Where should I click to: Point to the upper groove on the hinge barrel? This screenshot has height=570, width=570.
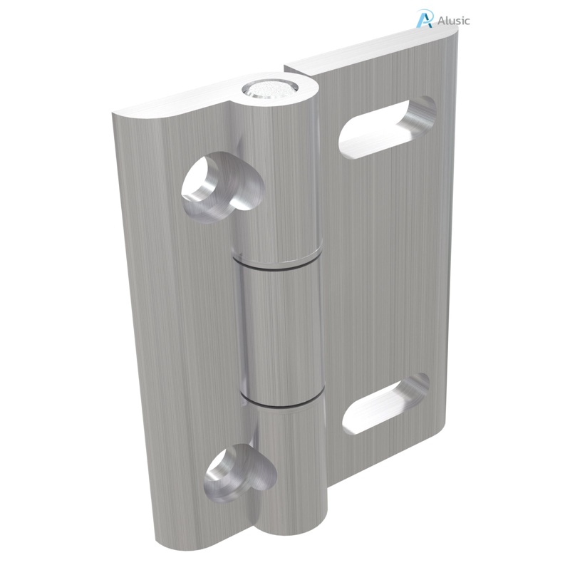click(276, 266)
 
